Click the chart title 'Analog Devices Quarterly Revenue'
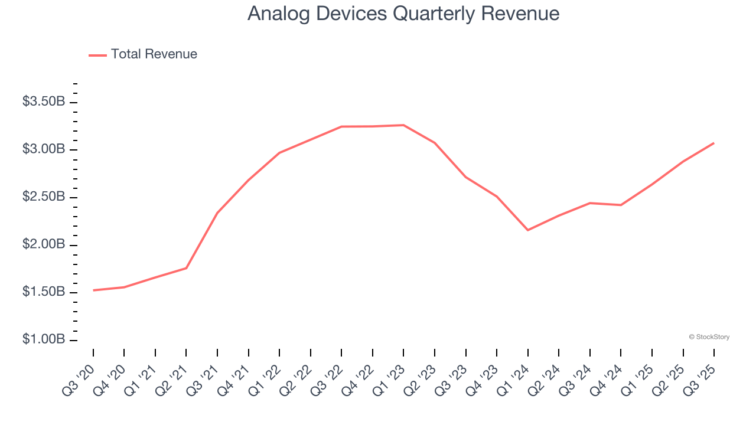coord(403,14)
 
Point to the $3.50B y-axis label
coord(44,102)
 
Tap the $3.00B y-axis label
coord(44,149)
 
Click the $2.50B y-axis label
coord(44,197)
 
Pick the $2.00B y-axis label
coord(44,244)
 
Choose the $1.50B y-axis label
coord(44,292)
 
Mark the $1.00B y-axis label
coord(44,339)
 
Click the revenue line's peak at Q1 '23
coord(403,125)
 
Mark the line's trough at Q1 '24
coord(527,230)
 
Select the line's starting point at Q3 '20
coord(93,290)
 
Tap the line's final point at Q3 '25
coord(713,143)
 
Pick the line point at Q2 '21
coord(186,268)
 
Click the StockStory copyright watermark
coord(709,337)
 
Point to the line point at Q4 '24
coord(621,205)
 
